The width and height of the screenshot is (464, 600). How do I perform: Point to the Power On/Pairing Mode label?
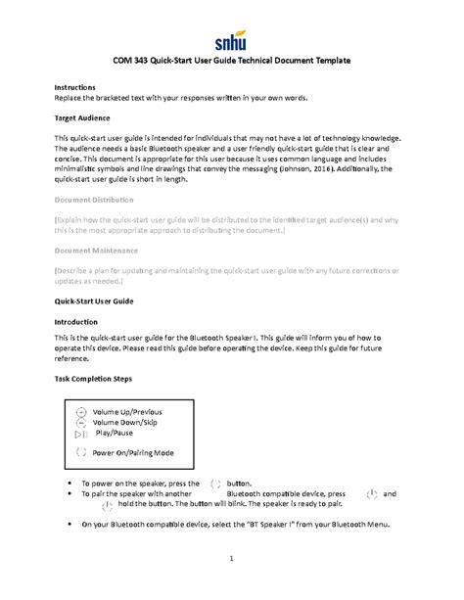pyautogui.click(x=133, y=453)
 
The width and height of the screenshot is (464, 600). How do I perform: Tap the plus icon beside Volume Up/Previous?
pyautogui.click(x=81, y=413)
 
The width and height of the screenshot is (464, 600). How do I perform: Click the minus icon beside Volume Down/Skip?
pyautogui.click(x=81, y=423)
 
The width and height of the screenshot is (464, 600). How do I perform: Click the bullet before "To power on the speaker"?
pyautogui.click(x=68, y=484)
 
